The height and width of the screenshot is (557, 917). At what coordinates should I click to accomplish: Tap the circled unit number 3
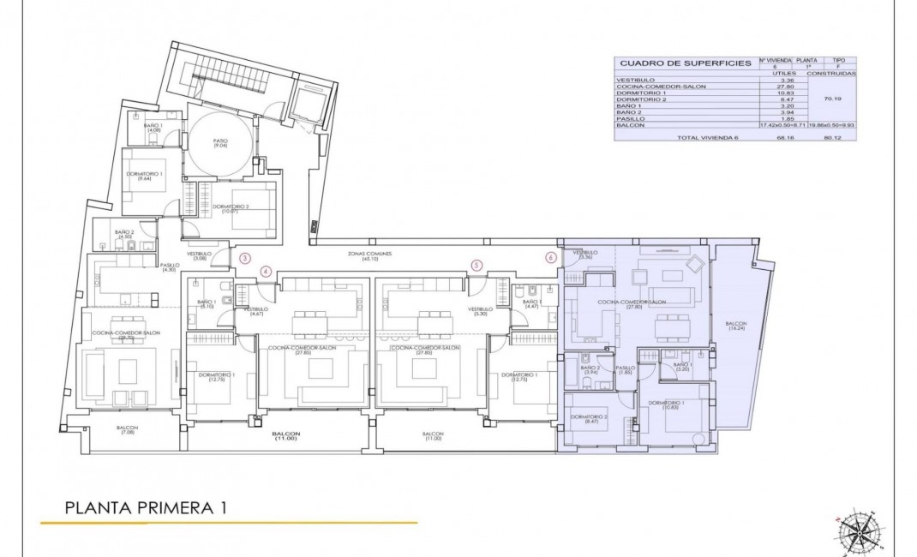(245, 257)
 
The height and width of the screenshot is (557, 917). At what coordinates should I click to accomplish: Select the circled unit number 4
(266, 272)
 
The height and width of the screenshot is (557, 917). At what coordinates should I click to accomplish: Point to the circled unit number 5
(476, 265)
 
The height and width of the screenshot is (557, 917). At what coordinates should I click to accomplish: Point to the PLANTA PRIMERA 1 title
(146, 507)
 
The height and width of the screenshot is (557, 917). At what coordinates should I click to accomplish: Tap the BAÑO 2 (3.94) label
(590, 369)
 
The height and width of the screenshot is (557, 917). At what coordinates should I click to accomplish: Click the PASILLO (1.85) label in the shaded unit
(625, 369)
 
